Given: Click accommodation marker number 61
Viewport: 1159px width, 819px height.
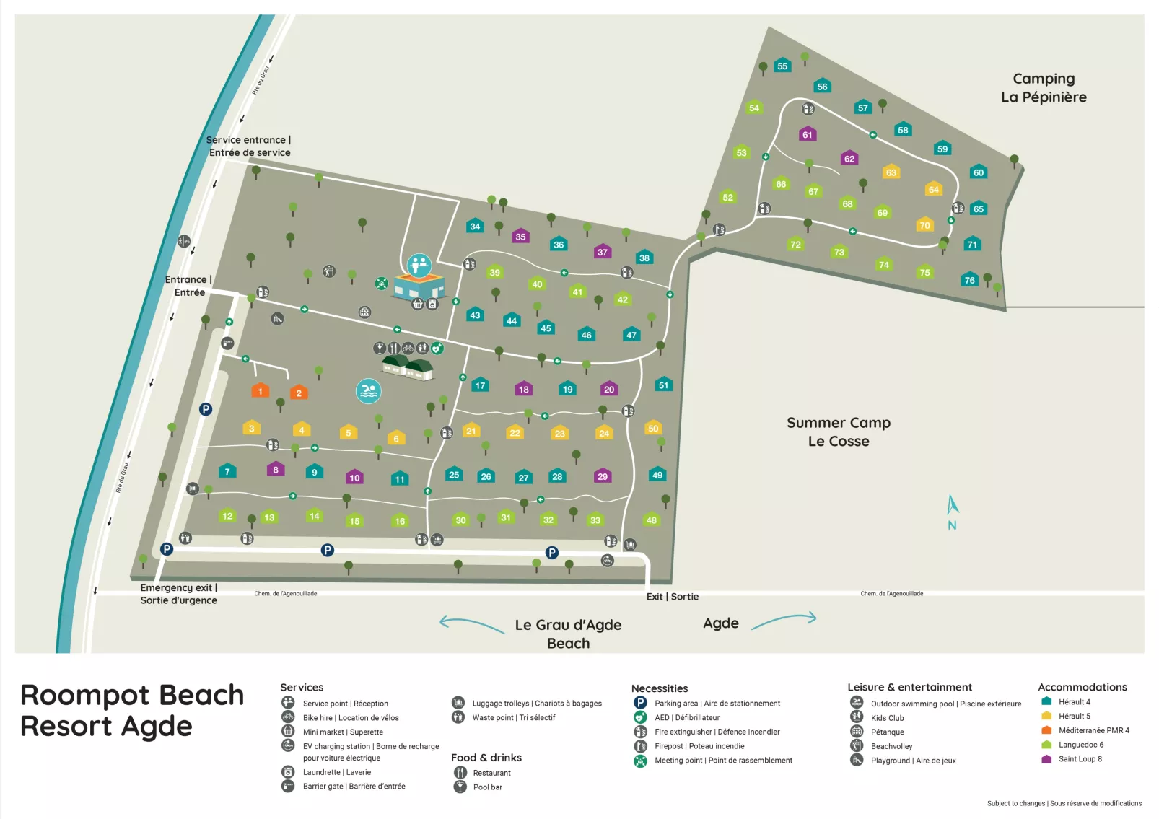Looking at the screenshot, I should click(x=807, y=134).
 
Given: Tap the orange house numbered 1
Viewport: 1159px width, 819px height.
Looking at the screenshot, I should click(x=260, y=390).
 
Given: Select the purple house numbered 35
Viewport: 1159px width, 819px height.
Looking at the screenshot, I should click(x=520, y=236).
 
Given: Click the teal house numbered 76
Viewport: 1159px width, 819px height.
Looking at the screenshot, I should click(x=969, y=280).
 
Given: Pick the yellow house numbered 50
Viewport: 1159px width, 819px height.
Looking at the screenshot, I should click(x=653, y=428).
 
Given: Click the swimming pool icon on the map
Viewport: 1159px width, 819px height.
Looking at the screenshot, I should click(x=369, y=391).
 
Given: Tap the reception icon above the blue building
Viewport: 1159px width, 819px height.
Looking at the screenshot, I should click(x=419, y=266).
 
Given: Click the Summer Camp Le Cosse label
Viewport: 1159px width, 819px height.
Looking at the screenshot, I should click(x=838, y=432).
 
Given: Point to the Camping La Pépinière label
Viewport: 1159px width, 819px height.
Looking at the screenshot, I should click(x=1043, y=87).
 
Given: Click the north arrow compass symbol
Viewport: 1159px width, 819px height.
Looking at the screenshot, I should click(x=953, y=512).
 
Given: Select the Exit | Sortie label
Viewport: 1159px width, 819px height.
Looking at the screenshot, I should click(x=672, y=597).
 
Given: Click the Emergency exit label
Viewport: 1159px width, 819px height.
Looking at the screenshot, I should click(x=178, y=594).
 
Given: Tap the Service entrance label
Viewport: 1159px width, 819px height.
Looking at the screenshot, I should click(x=249, y=146).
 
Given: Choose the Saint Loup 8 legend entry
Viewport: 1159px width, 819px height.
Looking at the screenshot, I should click(x=1079, y=759).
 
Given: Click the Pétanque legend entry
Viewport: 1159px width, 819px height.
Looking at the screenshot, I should click(x=887, y=732).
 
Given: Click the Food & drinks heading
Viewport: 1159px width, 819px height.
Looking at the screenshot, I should click(x=486, y=758).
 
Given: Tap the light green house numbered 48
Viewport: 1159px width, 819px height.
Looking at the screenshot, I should click(x=651, y=520).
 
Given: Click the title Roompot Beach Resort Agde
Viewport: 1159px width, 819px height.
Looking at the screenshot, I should click(x=132, y=711).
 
